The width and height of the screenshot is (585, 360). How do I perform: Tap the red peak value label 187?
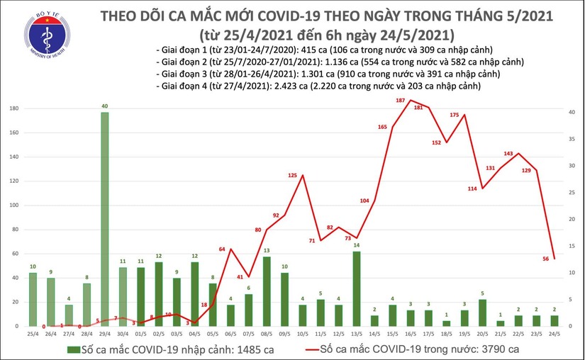pos(401,101)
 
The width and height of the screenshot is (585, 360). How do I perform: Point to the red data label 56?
pos(547,259)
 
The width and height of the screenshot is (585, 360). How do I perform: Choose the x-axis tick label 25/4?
pos(33,334)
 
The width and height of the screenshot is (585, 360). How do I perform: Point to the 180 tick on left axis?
pos(14,108)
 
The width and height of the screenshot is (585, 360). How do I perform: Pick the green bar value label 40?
pos(106,106)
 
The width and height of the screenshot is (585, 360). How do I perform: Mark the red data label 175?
pos(455,115)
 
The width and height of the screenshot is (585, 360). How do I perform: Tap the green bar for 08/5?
pos(267,291)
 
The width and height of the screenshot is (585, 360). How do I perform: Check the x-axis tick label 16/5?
pos(411,334)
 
